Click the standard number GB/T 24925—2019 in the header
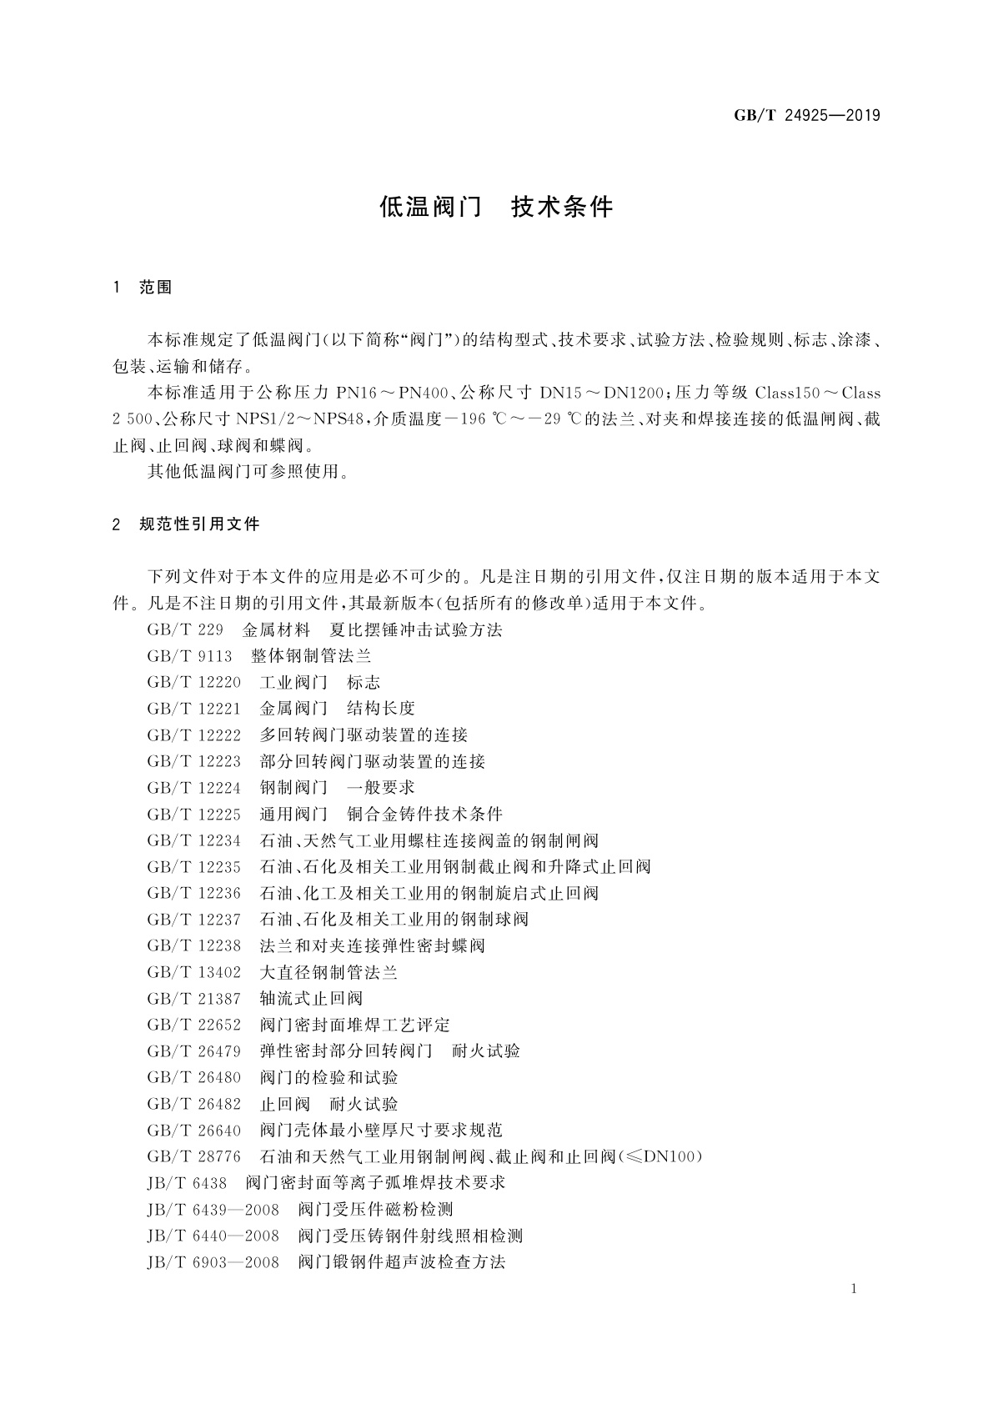[806, 115]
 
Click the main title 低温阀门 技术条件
[496, 207]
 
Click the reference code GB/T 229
[184, 629]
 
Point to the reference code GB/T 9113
[189, 656]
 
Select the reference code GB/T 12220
[193, 682]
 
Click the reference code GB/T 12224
[193, 787]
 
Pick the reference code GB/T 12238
[193, 945]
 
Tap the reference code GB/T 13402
[193, 972]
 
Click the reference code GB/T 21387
[193, 998]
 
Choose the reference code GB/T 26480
[193, 1077]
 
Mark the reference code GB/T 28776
[193, 1156]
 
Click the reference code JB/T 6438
[187, 1182]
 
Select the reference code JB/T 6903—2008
[213, 1261]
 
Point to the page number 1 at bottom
[855, 1289]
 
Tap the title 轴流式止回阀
[311, 998]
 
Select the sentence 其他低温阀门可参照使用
[247, 472]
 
